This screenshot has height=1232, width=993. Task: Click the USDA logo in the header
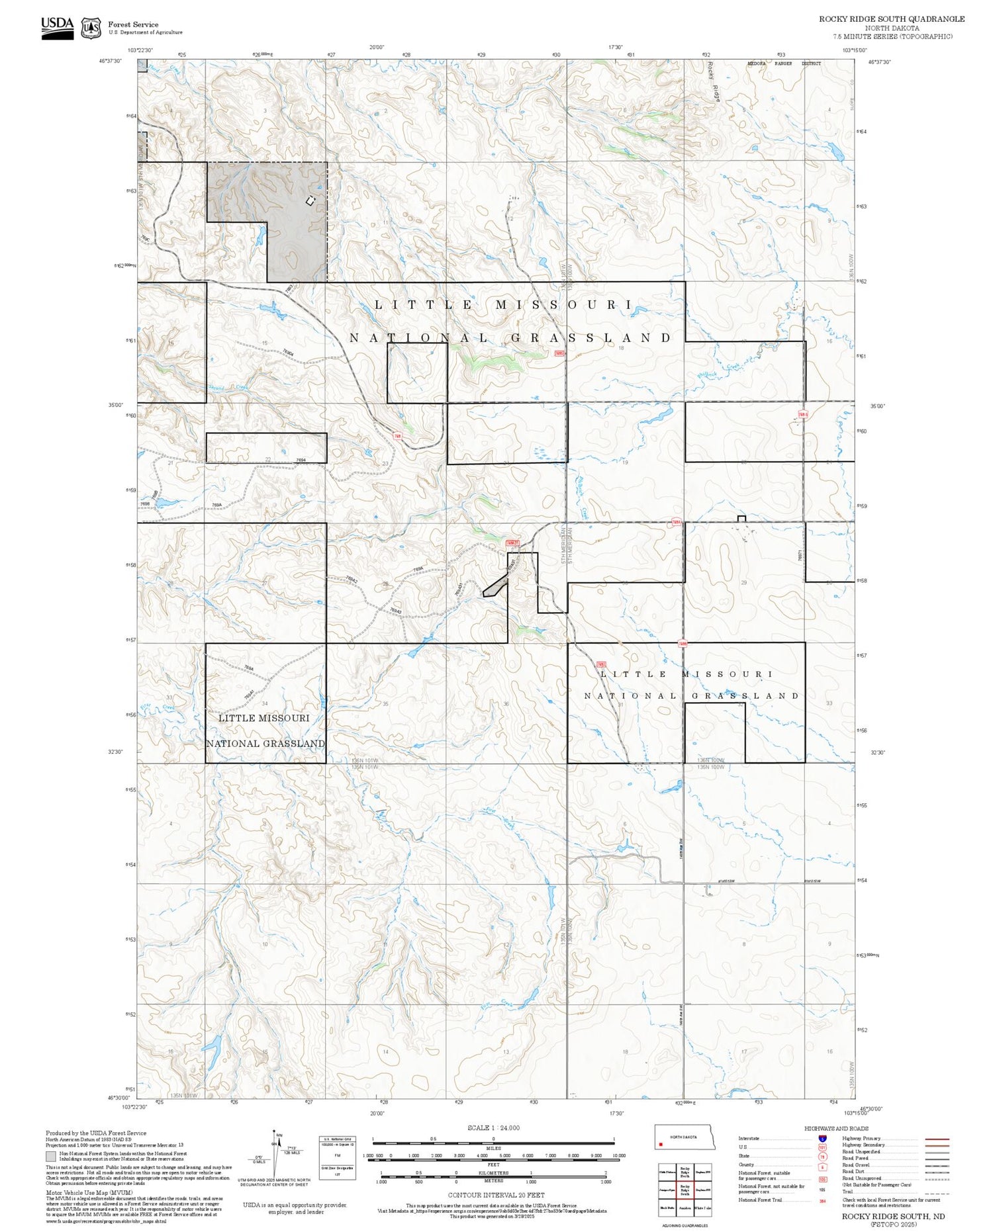tap(58, 28)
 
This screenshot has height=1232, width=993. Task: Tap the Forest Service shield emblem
tap(91, 28)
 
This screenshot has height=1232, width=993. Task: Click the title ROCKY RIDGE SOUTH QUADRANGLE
tap(891, 19)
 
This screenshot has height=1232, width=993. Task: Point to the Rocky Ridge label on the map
tap(714, 81)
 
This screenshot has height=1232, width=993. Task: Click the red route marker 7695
tap(559, 353)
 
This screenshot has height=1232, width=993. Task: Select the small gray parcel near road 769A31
tap(495, 587)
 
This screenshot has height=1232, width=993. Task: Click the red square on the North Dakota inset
tap(661, 1143)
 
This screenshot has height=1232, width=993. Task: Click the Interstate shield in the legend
tap(822, 1138)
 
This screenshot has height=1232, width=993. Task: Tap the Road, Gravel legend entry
tap(857, 1165)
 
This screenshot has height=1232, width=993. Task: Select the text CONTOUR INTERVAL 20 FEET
tap(496, 1195)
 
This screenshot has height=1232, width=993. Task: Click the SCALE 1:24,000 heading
tap(493, 1127)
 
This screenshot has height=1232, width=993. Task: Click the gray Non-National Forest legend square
tap(51, 1157)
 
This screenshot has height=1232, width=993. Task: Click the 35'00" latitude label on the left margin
tap(116, 405)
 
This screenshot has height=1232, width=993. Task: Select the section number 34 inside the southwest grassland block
tap(265, 703)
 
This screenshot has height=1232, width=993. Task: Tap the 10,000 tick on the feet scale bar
tap(618, 1155)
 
